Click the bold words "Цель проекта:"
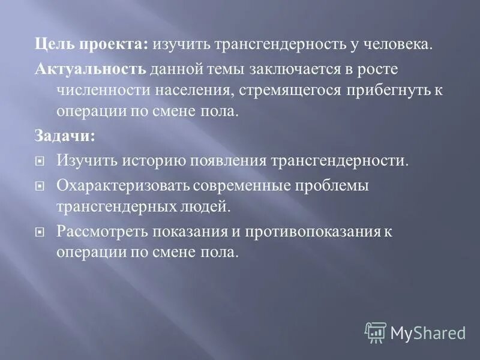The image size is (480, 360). pyautogui.click(x=91, y=45)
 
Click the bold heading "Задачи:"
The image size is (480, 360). pyautogui.click(x=64, y=136)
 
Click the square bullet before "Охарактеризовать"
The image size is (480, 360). pyautogui.click(x=40, y=187)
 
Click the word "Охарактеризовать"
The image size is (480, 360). pyautogui.click(x=123, y=186)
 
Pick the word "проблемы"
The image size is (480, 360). pyautogui.click(x=338, y=186)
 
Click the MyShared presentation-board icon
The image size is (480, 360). pyautogui.click(x=376, y=332)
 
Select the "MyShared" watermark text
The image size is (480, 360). pyautogui.click(x=428, y=332)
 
